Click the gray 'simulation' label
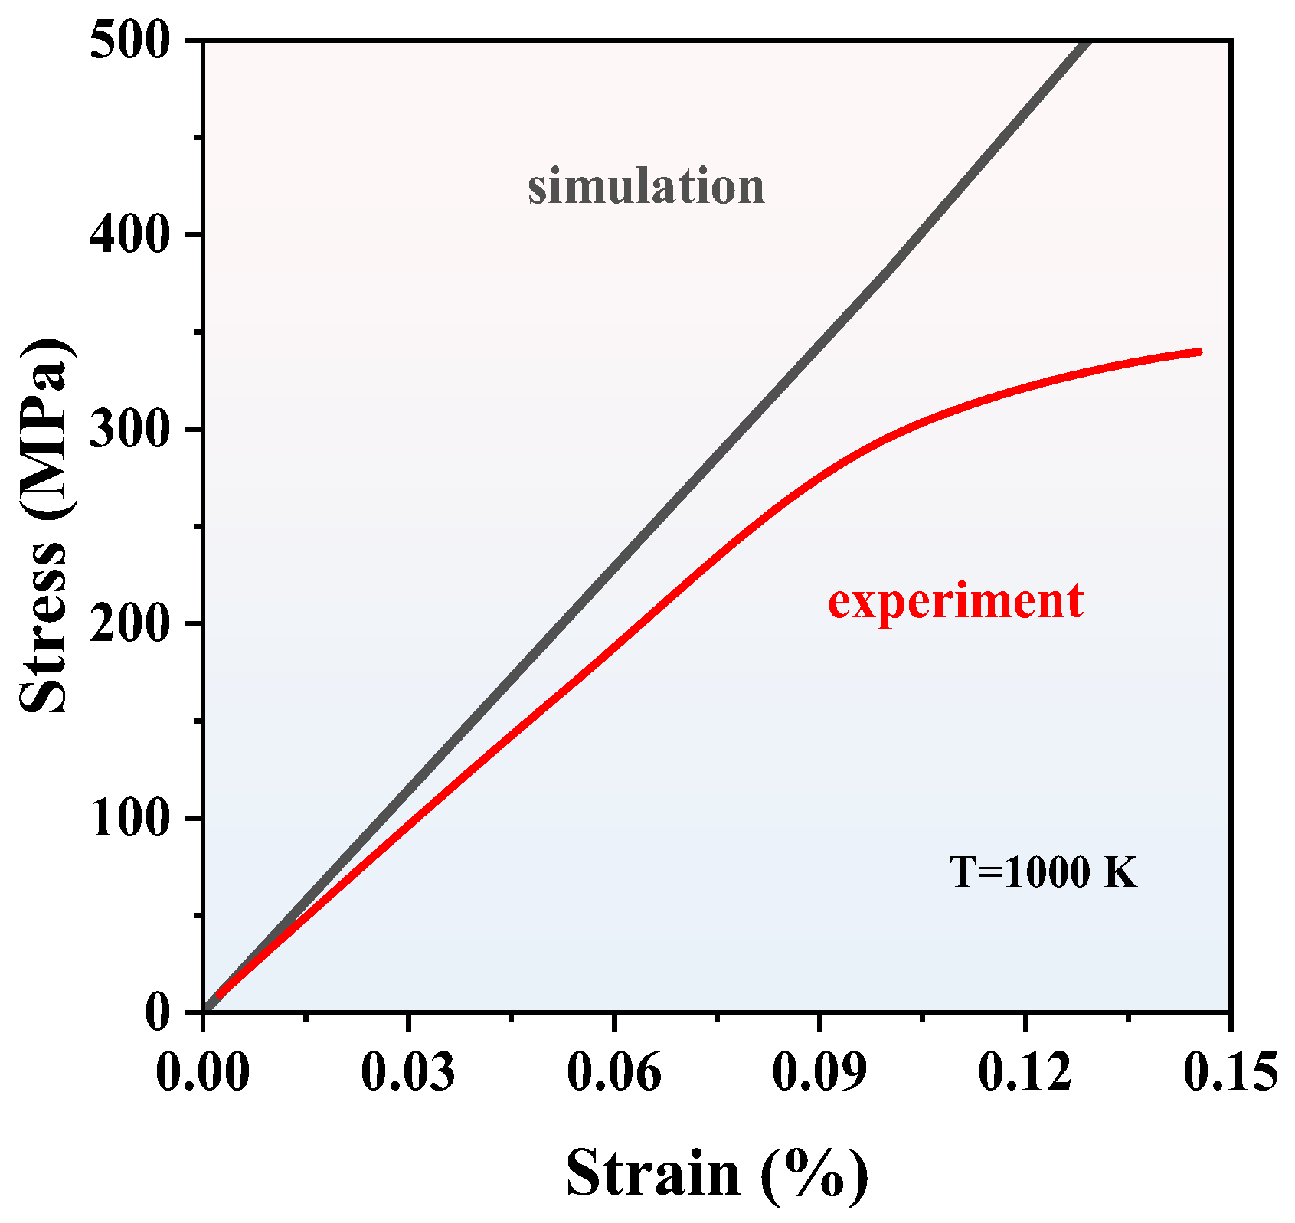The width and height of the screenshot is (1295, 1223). tap(646, 188)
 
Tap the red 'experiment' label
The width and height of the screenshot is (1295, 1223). tap(955, 601)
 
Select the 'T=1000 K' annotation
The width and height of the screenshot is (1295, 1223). tap(1043, 872)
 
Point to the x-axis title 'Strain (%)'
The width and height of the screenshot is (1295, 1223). tap(718, 1174)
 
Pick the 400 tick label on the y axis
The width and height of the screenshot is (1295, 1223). tap(129, 235)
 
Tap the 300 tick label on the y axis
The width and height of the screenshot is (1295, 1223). tap(129, 430)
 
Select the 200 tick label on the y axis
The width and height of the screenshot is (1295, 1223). tap(129, 624)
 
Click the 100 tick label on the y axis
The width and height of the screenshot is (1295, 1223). tap(129, 819)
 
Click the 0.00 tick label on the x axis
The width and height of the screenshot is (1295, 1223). tap(203, 1071)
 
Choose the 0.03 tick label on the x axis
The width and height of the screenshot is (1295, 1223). tap(408, 1071)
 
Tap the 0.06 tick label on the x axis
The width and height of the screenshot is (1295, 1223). tap(613, 1071)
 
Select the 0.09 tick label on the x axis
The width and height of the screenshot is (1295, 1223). tap(819, 1071)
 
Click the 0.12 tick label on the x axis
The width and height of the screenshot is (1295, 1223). tap(1025, 1071)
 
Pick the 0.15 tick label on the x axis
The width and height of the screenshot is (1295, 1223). tap(1230, 1071)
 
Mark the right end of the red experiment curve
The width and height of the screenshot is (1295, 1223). tap(1199, 352)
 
